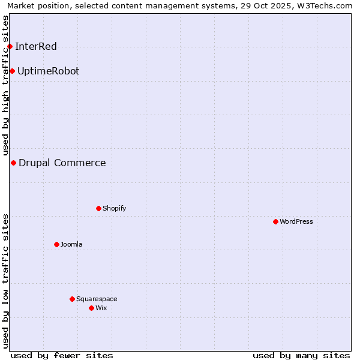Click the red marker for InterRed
[10, 46]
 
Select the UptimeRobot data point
[12, 71]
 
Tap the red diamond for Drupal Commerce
[13, 163]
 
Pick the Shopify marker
[98, 208]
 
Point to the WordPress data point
[275, 221]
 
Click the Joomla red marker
[56, 244]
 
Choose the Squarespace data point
[72, 299]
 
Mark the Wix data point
[91, 308]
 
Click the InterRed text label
[36, 46]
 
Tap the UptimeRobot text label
[48, 71]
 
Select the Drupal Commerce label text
[62, 163]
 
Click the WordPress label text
[296, 221]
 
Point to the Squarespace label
[97, 299]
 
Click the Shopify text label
[114, 208]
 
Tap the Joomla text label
[71, 244]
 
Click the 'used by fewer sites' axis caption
[62, 355]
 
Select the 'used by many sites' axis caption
[301, 355]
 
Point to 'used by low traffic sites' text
[5, 280]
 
